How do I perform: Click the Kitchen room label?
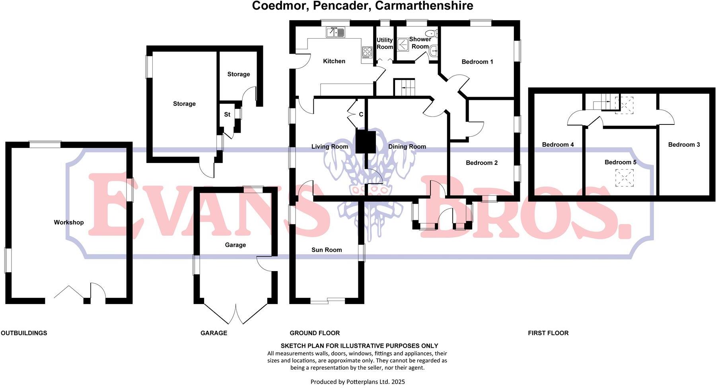pos(334,61)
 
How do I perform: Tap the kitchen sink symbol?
pos(336,32)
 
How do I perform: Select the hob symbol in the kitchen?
pos(367,52)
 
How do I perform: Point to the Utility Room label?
pos(385,43)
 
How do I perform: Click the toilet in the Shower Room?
pos(430,33)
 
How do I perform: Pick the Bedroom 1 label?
pos(477,62)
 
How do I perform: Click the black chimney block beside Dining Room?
pos(366,142)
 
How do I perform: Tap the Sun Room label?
pos(326,250)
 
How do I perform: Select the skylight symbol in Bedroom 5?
pos(624,178)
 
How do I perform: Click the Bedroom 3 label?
pos(684,145)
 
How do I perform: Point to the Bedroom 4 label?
pos(558,145)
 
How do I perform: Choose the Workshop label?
pos(69,222)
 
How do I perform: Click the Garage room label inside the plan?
pos(235,245)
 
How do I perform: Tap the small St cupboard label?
pos(227,114)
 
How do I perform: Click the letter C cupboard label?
pos(361,114)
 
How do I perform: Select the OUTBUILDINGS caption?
pos(24,333)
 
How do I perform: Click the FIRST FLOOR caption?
pos(548,333)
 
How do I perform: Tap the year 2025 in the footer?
pos(398,382)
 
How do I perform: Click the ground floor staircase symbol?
pos(404,87)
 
